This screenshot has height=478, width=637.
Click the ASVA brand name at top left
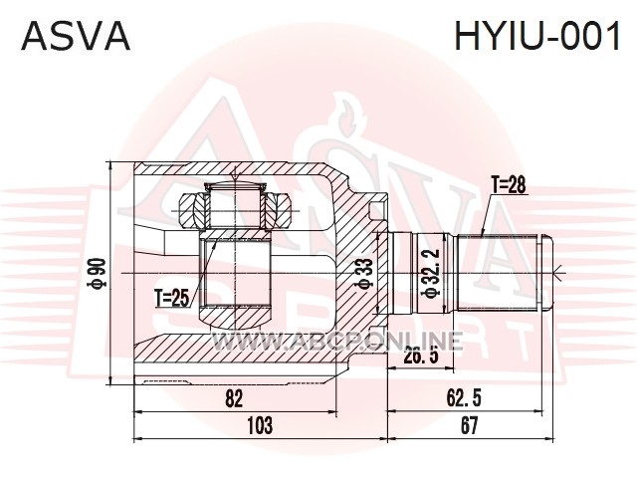coord(76,36)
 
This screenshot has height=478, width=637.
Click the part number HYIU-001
coord(537,36)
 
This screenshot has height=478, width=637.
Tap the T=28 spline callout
coord(509,185)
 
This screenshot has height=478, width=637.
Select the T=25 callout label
coord(172,299)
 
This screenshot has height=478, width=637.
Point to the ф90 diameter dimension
coord(99,274)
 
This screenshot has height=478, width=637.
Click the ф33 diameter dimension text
coord(363,274)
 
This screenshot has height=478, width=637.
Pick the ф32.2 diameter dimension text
coord(431,273)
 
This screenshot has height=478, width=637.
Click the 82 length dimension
coord(235,398)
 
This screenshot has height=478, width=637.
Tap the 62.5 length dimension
coord(464,398)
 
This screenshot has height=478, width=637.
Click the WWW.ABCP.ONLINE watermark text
coord(338,341)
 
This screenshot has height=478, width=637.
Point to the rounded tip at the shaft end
coord(546,273)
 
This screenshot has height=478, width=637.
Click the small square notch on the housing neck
coord(376,210)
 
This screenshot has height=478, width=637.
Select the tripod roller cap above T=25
coord(235,186)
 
